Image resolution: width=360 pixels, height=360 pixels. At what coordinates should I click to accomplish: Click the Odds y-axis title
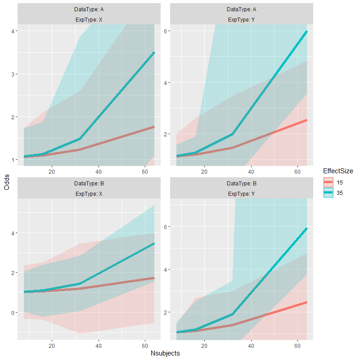point(6,181)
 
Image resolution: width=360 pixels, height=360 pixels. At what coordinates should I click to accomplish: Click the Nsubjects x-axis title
point(165,353)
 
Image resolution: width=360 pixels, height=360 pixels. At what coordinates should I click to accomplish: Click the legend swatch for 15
point(328,182)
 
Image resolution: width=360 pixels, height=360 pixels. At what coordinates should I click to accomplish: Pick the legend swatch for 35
point(328,193)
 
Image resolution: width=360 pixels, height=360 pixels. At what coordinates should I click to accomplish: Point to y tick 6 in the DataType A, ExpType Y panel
point(165,31)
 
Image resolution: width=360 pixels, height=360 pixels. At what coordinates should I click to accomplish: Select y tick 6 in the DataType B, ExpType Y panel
point(165,227)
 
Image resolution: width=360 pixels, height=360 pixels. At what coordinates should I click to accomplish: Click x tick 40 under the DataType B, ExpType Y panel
point(251,345)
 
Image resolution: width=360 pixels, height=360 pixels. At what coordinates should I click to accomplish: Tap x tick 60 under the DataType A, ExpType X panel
point(145,171)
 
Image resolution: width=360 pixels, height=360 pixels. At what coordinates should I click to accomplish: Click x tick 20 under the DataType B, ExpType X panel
point(52,345)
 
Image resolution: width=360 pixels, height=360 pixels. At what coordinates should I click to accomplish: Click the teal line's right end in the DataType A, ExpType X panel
point(154,53)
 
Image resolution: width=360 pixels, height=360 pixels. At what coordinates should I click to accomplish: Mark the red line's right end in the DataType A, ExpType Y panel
point(307,120)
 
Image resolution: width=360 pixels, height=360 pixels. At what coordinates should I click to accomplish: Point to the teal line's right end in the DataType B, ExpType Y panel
point(307,229)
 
